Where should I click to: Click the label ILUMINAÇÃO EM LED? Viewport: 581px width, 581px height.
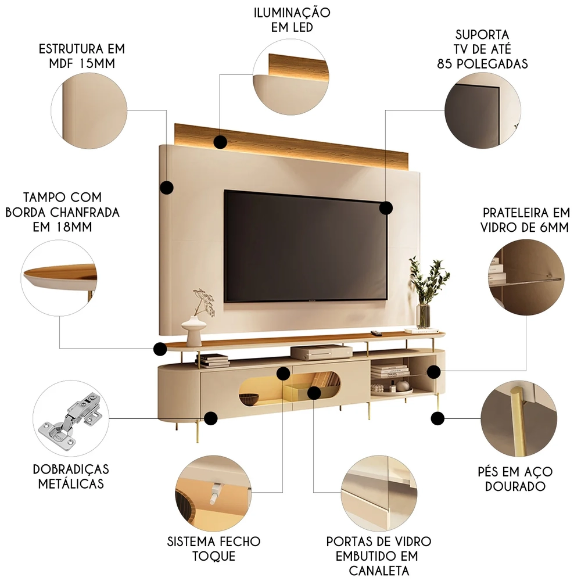coord(292,20)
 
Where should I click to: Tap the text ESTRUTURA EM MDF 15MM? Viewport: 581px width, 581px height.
coord(81,56)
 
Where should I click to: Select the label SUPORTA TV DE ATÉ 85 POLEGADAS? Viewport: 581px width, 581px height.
coord(482,49)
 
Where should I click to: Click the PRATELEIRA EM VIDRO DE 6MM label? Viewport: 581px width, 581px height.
coord(525,220)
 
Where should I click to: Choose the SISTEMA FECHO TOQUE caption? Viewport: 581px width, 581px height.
coord(214,548)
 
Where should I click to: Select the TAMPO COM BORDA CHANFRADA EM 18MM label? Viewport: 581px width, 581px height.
coord(62,212)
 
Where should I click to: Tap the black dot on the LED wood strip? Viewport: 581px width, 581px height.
coord(220,142)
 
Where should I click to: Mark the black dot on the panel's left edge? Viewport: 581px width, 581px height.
coord(167,187)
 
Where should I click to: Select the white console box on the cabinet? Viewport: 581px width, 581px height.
coord(321,352)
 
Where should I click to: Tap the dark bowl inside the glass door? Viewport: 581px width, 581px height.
coord(249,399)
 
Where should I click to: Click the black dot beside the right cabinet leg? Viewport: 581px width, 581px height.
coord(438,417)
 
